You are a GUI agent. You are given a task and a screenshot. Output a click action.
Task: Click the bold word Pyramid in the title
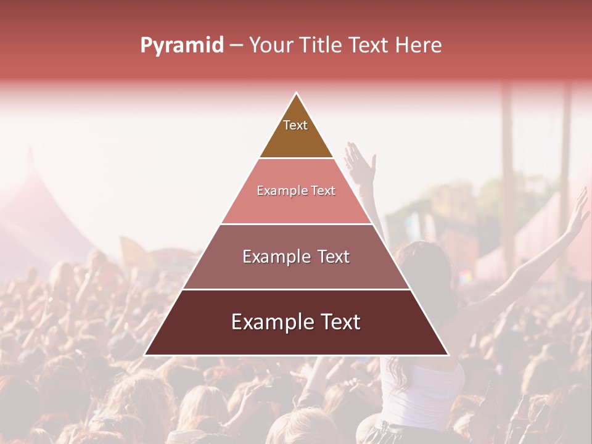[182, 46]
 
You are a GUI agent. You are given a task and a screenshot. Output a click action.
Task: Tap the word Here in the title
[419, 46]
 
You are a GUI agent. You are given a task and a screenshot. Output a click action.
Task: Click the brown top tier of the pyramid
[296, 139]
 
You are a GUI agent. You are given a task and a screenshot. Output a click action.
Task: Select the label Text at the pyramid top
[295, 125]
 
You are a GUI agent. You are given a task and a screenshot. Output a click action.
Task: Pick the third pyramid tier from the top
[296, 271]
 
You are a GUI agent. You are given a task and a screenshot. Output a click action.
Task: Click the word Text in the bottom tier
[339, 322]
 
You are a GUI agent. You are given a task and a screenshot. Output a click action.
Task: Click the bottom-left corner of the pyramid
[146, 355]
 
